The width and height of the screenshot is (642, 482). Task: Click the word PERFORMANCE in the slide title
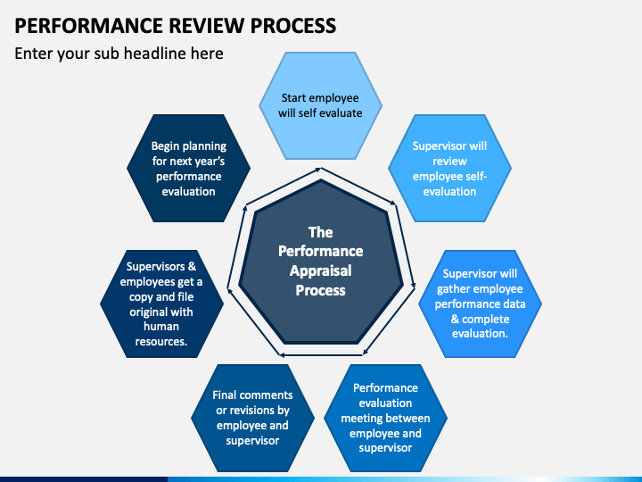[x=89, y=25]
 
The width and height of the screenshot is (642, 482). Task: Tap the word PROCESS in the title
[x=293, y=25]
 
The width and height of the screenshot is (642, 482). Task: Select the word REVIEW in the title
[x=207, y=25]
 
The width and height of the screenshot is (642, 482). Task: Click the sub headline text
[x=119, y=54]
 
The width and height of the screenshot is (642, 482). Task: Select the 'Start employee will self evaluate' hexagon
[x=320, y=105]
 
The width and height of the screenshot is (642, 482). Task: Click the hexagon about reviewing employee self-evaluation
[x=449, y=168]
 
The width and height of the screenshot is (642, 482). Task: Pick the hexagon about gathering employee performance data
[x=480, y=303]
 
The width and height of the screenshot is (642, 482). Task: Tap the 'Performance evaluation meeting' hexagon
[x=385, y=418]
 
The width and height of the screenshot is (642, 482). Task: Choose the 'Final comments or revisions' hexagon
[x=252, y=418]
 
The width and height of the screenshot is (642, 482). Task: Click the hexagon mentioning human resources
[x=161, y=303]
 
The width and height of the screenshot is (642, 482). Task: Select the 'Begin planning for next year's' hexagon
[x=188, y=168]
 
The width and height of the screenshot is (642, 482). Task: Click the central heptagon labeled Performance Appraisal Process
[x=321, y=262]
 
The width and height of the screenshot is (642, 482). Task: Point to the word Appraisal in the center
[x=321, y=271]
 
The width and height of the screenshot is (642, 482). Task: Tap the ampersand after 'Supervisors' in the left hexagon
[x=192, y=266]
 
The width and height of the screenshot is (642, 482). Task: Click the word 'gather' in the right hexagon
[x=451, y=289]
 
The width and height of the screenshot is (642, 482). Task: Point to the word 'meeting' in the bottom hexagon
[x=362, y=419]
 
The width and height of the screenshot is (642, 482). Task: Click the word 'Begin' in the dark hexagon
[x=166, y=146]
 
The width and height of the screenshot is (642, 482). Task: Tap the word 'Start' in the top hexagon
[x=293, y=98]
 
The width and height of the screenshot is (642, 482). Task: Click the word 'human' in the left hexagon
[x=160, y=327]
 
